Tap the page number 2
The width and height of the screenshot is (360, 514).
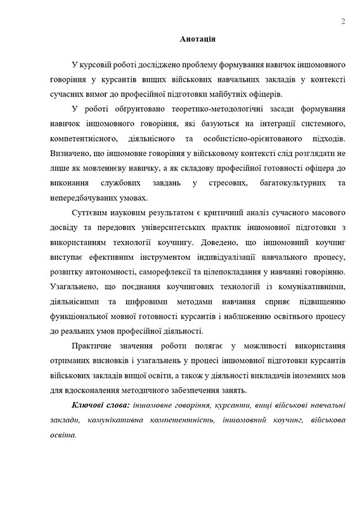click(343, 22)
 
